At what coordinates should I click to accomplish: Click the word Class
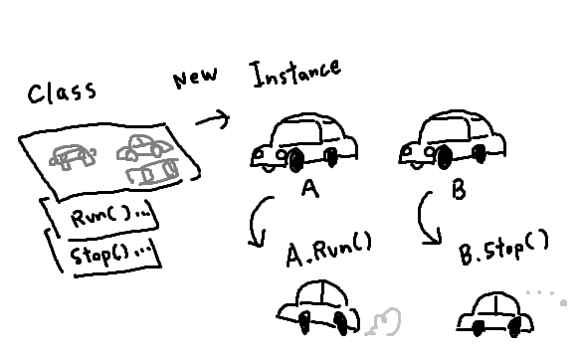62,92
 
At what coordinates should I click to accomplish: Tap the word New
195,78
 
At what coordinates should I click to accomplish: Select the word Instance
295,74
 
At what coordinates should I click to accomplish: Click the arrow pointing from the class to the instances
213,119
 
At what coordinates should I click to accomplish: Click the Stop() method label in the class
110,254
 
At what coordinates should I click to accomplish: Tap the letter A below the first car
309,188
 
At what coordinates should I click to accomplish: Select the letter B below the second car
459,191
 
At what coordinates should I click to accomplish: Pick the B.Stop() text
503,247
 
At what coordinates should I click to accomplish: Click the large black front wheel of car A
296,160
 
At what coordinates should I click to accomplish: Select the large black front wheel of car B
445,157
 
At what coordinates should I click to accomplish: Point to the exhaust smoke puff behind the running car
384,322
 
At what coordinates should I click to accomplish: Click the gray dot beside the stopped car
563,303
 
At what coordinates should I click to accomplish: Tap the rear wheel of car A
332,156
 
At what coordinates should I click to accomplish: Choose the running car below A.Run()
318,308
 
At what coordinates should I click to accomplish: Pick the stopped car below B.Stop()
494,314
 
